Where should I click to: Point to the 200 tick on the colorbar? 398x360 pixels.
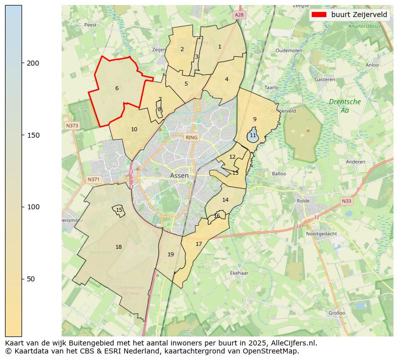pyautogui.click(x=22, y=63)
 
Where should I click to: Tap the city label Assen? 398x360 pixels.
pyautogui.click(x=179, y=176)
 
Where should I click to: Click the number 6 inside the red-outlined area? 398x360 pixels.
pyautogui.click(x=117, y=89)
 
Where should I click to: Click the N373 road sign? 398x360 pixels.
pyautogui.click(x=72, y=125)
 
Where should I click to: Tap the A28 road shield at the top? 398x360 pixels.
pyautogui.click(x=239, y=16)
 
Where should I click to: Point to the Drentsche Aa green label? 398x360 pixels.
pyautogui.click(x=345, y=106)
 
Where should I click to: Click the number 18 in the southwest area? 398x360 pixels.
pyautogui.click(x=118, y=247)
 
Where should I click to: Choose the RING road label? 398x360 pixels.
pyautogui.click(x=191, y=137)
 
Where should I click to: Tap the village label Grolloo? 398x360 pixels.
pyautogui.click(x=336, y=313)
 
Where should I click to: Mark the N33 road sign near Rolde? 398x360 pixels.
pyautogui.click(x=346, y=201)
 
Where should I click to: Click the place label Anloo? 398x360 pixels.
pyautogui.click(x=372, y=65)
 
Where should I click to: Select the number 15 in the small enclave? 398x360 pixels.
pyautogui.click(x=119, y=210)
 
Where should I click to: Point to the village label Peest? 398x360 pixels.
pyautogui.click(x=90, y=25)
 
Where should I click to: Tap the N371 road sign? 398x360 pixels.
pyautogui.click(x=93, y=179)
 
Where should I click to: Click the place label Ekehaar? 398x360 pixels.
pyautogui.click(x=239, y=273)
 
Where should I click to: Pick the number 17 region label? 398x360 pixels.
pyautogui.click(x=199, y=244)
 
